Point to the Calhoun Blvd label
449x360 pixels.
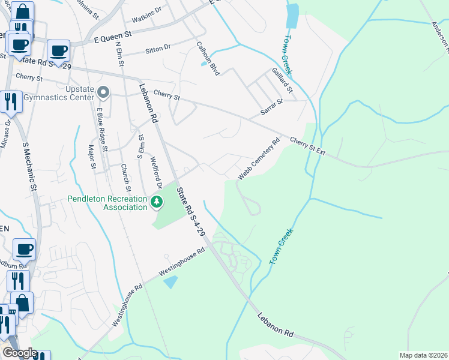208,58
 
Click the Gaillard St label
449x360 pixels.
280,80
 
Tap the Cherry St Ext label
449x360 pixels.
307,146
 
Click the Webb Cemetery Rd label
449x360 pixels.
259,160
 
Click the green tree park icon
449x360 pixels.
157,202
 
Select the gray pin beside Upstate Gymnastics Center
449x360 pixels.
104,93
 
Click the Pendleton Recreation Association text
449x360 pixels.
107,203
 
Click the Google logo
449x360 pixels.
20,353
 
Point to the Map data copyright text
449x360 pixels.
423,355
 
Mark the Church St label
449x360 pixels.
127,175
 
